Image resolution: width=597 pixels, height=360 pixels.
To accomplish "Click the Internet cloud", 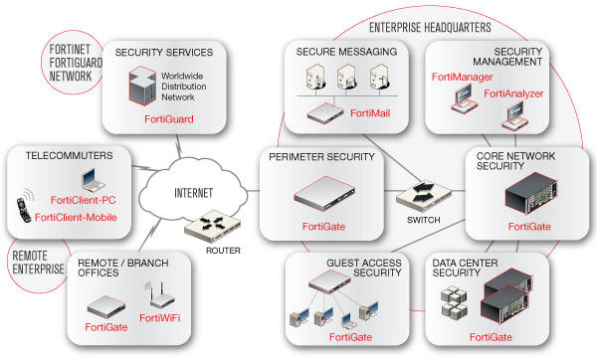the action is click(193, 189).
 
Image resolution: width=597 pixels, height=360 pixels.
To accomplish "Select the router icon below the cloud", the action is click(213, 226).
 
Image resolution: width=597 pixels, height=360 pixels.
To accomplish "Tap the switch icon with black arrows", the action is click(424, 196).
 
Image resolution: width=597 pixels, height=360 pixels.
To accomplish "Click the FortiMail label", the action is click(370, 113).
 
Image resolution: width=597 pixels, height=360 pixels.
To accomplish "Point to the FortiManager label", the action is click(462, 77).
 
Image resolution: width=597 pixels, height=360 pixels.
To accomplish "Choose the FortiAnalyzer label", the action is click(513, 93).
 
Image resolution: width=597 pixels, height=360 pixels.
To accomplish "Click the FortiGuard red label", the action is click(169, 119).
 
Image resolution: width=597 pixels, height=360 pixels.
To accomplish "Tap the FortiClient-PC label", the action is click(83, 200).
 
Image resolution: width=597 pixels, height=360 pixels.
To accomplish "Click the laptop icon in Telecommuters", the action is click(93, 180).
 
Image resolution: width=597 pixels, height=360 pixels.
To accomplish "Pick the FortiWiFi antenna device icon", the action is click(160, 295).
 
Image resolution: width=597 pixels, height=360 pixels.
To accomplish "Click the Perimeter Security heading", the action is click(321, 157).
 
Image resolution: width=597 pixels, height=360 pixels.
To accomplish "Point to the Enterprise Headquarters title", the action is click(430, 28).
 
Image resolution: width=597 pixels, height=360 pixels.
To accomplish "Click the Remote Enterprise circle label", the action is click(38, 263).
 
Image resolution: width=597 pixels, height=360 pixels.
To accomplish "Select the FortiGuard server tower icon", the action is click(142, 86).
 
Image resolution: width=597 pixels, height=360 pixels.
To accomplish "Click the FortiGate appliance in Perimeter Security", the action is click(324, 193).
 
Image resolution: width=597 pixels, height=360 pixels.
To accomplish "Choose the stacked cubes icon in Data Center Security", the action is click(454, 301).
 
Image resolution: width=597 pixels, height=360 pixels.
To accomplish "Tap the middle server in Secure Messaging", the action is click(346, 78).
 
